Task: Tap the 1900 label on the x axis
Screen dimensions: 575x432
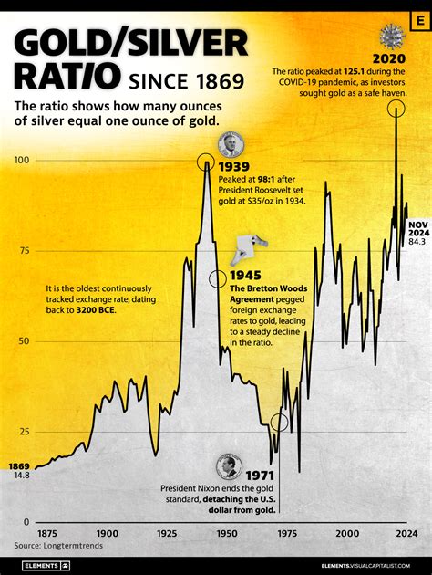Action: tap(107, 532)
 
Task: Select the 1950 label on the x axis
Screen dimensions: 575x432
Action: tap(226, 532)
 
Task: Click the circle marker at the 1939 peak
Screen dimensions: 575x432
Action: tap(208, 163)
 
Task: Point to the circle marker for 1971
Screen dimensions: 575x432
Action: tap(280, 423)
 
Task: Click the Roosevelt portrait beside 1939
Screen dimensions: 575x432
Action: tap(231, 144)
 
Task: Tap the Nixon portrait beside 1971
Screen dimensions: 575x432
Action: tap(229, 466)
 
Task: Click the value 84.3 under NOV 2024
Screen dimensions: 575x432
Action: tap(417, 242)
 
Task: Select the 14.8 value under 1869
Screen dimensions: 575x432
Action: tap(22, 475)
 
